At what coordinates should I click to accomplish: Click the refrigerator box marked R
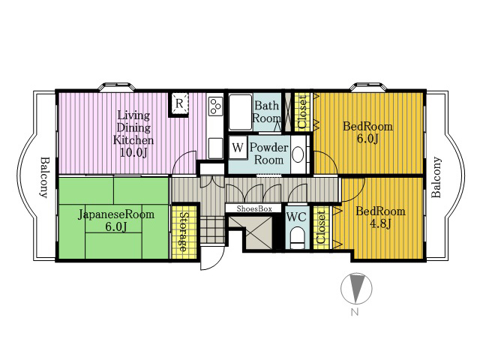[x=179, y=103]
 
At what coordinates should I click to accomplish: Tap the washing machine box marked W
[x=238, y=148]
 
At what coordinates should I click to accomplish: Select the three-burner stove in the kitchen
[x=215, y=106]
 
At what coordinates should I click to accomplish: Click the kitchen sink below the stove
[x=215, y=148]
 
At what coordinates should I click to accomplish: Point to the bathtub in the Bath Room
[x=241, y=112]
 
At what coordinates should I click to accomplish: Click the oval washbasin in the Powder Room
[x=298, y=154]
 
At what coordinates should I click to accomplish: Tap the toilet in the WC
[x=297, y=238]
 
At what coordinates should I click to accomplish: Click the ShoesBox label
[x=254, y=208]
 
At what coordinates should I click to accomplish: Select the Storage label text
[x=183, y=232]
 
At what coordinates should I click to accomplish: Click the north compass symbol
[x=356, y=289]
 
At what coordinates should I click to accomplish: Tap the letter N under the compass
[x=355, y=312]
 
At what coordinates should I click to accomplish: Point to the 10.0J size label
[x=133, y=152]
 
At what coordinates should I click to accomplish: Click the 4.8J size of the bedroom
[x=380, y=224]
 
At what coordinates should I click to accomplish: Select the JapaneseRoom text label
[x=116, y=214]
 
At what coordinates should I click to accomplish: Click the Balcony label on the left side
[x=45, y=178]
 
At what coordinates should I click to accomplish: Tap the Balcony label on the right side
[x=436, y=177]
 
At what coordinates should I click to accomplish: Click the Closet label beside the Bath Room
[x=302, y=112]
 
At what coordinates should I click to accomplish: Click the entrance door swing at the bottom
[x=212, y=258]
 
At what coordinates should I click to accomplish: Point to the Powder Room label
[x=268, y=154]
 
